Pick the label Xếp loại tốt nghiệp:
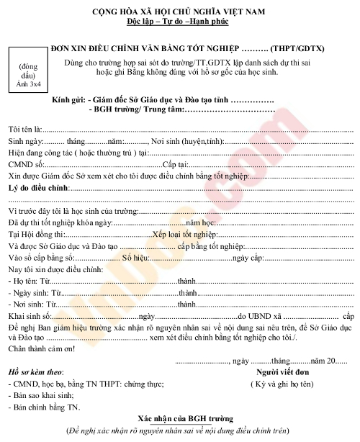184,234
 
